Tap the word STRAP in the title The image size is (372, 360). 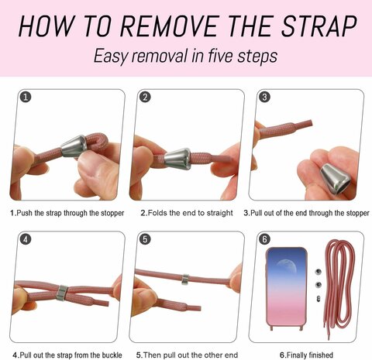pyautogui.click(x=319, y=26)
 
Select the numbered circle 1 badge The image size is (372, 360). pyautogui.click(x=26, y=97)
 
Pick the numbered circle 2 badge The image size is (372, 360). pyautogui.click(x=145, y=97)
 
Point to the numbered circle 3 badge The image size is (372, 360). pyautogui.click(x=264, y=97)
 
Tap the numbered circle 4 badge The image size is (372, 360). pyautogui.click(x=26, y=239)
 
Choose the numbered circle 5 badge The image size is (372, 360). pyautogui.click(x=145, y=239)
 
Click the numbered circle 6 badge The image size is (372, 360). pyautogui.click(x=264, y=239)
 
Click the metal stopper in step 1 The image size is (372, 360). pyautogui.click(x=74, y=146)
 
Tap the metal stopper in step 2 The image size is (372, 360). pyautogui.click(x=177, y=159)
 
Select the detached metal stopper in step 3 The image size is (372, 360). pyautogui.click(x=336, y=179)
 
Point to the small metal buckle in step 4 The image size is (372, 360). pyautogui.click(x=62, y=293)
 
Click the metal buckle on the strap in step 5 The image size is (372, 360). pyautogui.click(x=185, y=279)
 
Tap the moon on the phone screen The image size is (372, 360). pyautogui.click(x=287, y=266)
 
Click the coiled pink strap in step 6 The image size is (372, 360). pyautogui.click(x=339, y=289)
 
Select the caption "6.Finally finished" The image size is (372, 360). pyautogui.click(x=306, y=355)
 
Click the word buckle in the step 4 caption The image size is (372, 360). pyautogui.click(x=112, y=355)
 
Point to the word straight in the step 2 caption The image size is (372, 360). pyautogui.click(x=219, y=213)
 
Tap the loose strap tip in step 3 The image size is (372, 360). pyautogui.click(x=307, y=124)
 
